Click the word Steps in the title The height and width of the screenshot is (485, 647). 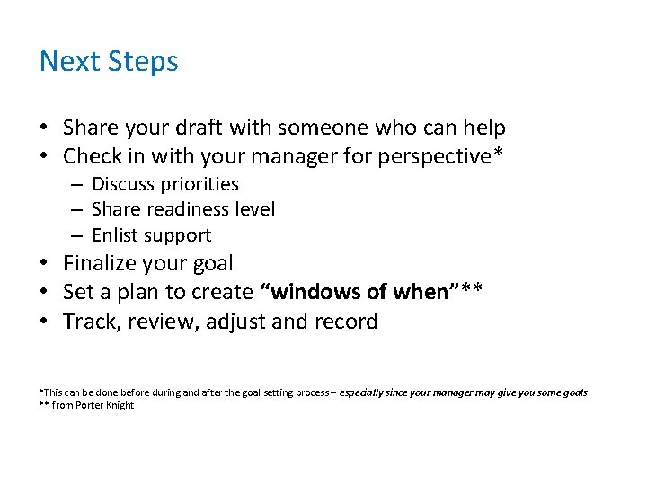pos(143,62)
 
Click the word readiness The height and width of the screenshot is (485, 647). pos(185,209)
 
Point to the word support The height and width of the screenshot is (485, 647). pos(178,235)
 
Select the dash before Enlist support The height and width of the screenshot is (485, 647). pos(78,235)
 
